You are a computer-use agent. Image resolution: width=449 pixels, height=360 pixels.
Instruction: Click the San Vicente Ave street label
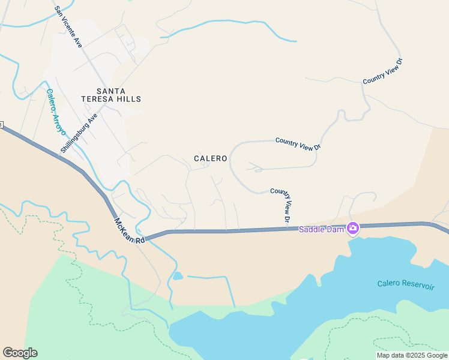pyautogui.click(x=68, y=28)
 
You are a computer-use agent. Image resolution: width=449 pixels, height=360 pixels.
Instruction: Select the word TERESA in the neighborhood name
pyautogui.click(x=94, y=99)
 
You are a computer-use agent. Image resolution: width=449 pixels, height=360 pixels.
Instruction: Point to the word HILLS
pyautogui.click(x=128, y=99)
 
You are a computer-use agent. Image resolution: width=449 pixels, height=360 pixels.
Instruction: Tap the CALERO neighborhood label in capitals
pyautogui.click(x=211, y=158)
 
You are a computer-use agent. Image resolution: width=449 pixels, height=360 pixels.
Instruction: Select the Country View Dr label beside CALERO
pyautogui.click(x=298, y=143)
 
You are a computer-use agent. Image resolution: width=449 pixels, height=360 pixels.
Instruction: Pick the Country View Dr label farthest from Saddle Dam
pyautogui.click(x=382, y=71)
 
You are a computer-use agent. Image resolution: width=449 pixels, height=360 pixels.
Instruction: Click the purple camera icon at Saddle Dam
pyautogui.click(x=353, y=228)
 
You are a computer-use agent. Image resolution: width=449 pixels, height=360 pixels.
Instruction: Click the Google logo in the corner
pyautogui.click(x=20, y=353)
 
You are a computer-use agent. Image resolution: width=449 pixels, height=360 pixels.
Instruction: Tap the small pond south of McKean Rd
pyautogui.click(x=178, y=276)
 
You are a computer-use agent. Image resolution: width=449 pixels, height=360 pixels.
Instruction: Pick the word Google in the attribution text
pyautogui.click(x=436, y=355)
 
